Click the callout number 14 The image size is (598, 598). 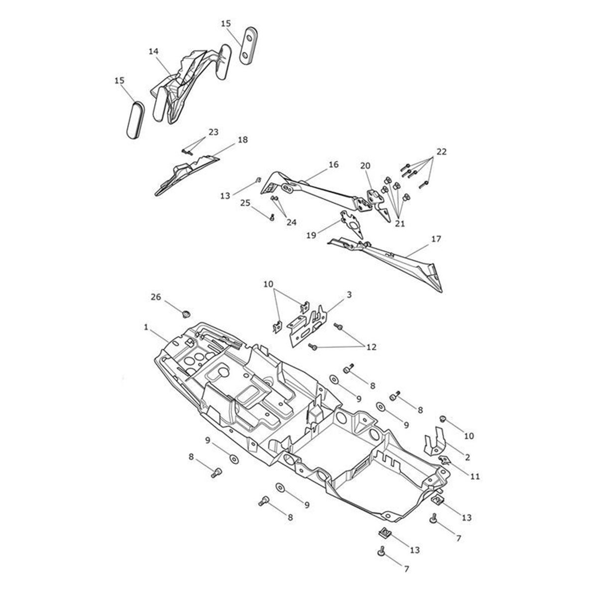point(153,51)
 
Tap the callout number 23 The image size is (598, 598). point(213,132)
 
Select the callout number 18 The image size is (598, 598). point(243,140)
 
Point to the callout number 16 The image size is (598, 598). point(333,164)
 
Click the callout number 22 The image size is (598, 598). point(442,152)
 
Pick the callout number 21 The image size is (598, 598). point(400,224)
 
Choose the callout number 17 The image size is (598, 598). point(436,239)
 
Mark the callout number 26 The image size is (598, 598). point(156,297)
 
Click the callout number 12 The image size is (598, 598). point(371,347)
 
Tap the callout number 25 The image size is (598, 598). point(245,203)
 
